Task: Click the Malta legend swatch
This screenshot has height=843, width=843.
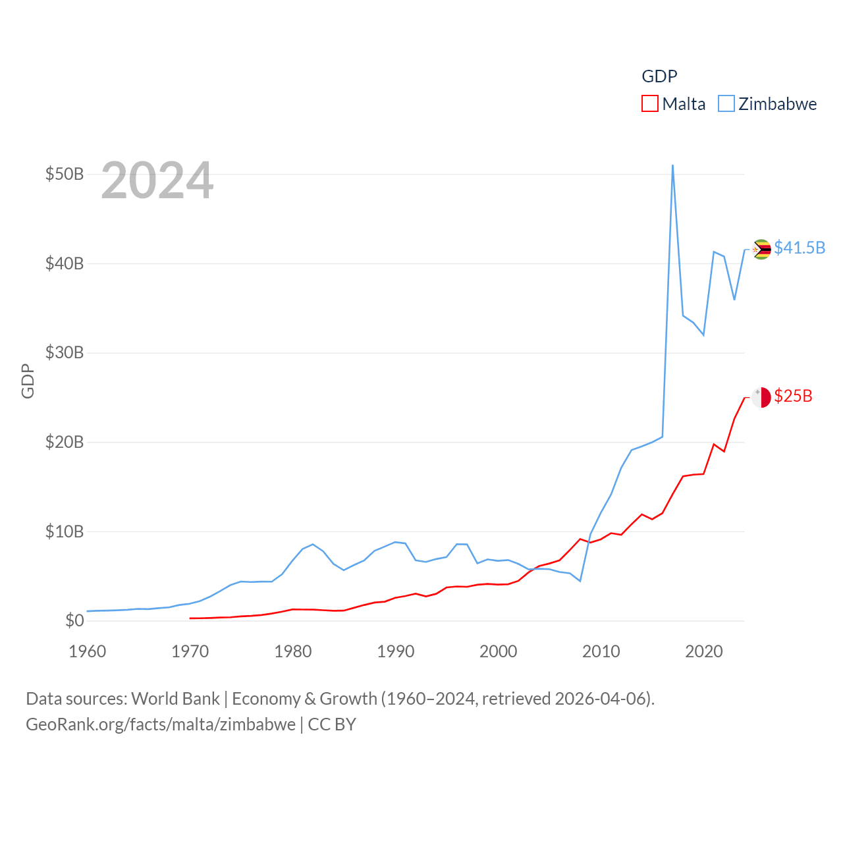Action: [649, 104]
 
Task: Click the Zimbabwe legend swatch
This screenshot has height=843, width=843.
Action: [726, 104]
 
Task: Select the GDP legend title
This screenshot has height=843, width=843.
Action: [659, 76]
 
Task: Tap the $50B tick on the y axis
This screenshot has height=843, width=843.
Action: [65, 174]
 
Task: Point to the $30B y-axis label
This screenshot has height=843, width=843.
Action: [65, 352]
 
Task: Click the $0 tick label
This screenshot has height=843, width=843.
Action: [74, 620]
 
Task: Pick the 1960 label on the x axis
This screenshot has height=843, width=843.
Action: [88, 651]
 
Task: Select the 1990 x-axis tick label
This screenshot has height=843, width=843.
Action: [396, 651]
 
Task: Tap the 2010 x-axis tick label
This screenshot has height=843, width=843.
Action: [601, 651]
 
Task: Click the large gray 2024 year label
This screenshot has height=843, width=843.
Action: [157, 180]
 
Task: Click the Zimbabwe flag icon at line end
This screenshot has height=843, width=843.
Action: [761, 250]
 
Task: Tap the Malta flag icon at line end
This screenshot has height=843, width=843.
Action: [761, 398]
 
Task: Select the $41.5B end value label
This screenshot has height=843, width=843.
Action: [800, 248]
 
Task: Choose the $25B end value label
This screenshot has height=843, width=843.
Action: [793, 396]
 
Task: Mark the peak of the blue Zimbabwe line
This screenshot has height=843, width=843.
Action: [672, 165]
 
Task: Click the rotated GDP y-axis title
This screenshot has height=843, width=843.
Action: [28, 381]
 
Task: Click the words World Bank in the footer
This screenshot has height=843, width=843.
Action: [175, 698]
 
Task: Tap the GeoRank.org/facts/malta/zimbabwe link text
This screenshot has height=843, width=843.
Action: [161, 724]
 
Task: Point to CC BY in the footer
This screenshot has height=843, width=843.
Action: [332, 724]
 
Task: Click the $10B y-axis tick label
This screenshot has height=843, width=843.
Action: [65, 531]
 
